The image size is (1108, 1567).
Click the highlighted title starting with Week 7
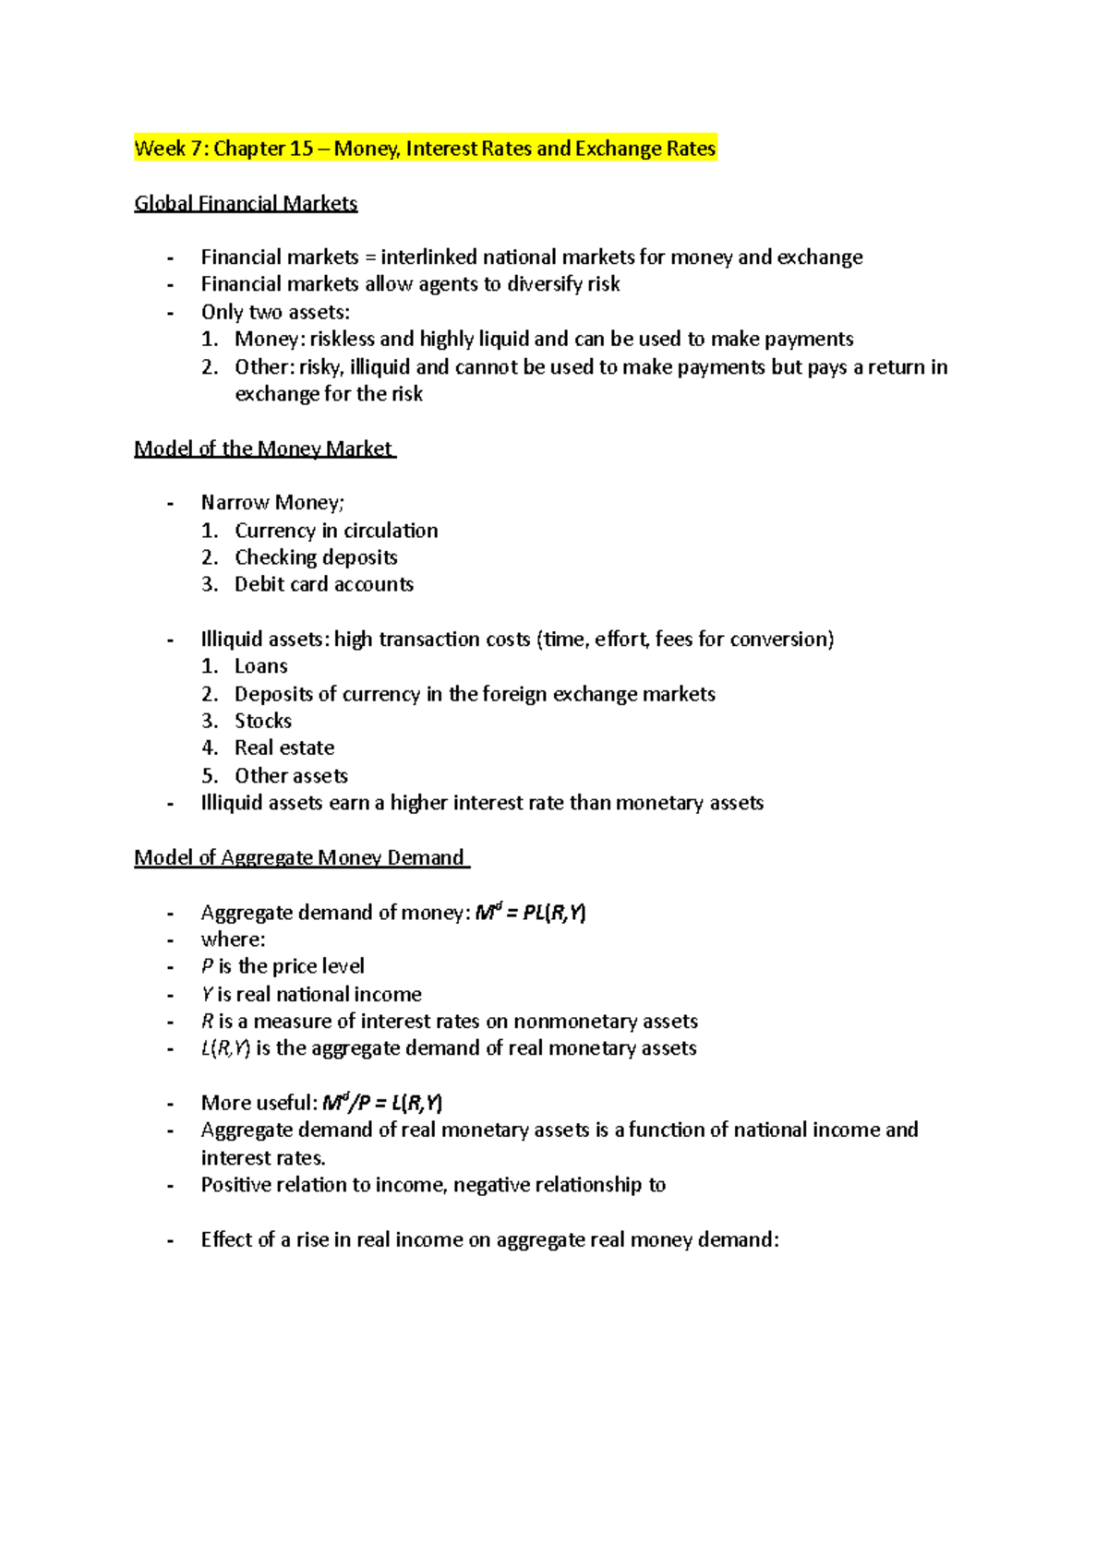pos(425,149)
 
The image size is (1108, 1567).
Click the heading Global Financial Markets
pos(246,203)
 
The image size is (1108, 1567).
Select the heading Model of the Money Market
pos(264,449)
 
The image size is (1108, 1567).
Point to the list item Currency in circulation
pos(336,531)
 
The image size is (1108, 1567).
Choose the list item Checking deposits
pos(316,557)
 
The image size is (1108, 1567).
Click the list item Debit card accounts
pos(323,584)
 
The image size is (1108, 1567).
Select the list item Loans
pos(261,666)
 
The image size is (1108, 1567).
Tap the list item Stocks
pos(263,721)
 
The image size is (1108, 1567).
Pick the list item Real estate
pos(284,748)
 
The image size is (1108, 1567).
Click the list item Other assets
pos(291,775)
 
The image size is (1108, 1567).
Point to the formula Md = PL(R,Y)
pos(530,913)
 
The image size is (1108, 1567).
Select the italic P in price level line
pos(207,966)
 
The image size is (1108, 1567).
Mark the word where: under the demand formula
pos(233,939)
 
